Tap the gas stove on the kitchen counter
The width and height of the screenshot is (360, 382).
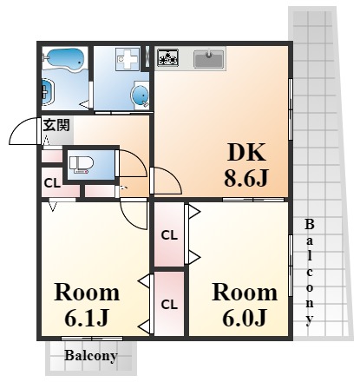[167, 57]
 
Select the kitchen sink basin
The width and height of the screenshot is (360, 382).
[209, 59]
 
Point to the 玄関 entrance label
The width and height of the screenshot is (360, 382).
[56, 125]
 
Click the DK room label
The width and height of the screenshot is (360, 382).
[246, 153]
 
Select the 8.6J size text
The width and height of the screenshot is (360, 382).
[246, 178]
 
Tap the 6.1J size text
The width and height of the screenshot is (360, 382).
[87, 318]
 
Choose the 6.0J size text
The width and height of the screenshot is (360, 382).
[245, 318]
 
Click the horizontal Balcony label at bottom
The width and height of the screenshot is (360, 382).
[91, 356]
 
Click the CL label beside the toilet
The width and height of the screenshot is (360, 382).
[52, 183]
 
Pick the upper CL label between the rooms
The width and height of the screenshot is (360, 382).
[169, 235]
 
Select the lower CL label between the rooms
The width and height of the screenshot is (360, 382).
[169, 305]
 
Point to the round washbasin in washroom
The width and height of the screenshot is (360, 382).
[141, 95]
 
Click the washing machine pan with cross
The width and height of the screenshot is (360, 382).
[127, 59]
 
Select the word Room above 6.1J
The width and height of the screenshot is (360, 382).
[87, 293]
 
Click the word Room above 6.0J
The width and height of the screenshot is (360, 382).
[245, 293]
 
